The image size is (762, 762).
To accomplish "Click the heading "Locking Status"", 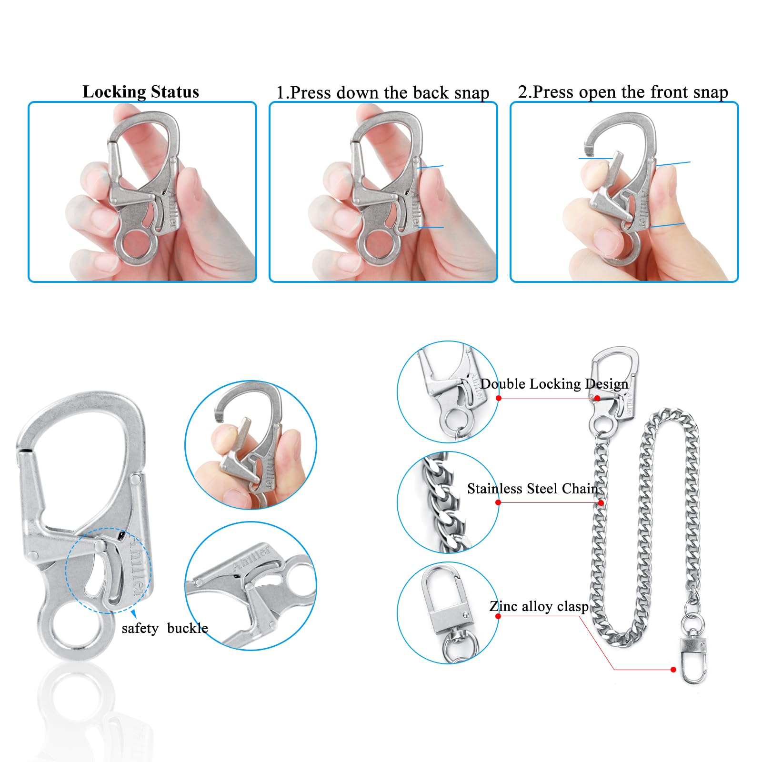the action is pyautogui.click(x=141, y=91).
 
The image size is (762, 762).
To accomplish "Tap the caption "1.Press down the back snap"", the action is pyautogui.click(x=383, y=92).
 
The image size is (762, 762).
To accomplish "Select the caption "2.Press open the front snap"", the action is pyautogui.click(x=623, y=91).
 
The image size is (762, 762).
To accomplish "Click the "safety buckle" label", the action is pyautogui.click(x=165, y=628).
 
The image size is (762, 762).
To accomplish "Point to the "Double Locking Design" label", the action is pyautogui.click(x=554, y=383).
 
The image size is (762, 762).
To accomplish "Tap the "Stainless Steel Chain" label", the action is pyautogui.click(x=533, y=489).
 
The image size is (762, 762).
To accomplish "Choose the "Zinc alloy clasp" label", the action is pyautogui.click(x=539, y=606).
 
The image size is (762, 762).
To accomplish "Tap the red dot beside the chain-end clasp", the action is pyautogui.click(x=673, y=670).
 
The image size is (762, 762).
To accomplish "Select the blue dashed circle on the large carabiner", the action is pyautogui.click(x=108, y=570).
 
